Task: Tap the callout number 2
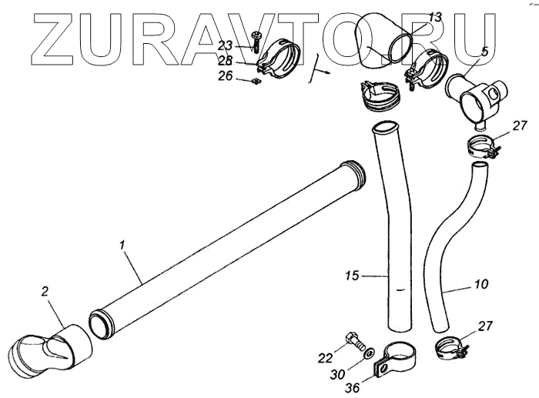pos(45,292)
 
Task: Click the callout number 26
pos(225,75)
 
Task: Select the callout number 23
pos(225,45)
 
